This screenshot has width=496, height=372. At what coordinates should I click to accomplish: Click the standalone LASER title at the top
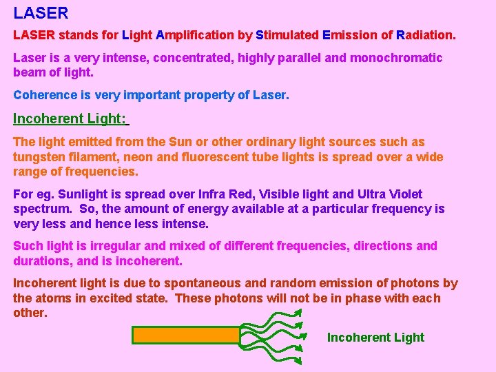point(41,13)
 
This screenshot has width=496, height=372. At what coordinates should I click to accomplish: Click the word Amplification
point(195,34)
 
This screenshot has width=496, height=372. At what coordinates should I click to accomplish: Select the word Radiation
point(421,34)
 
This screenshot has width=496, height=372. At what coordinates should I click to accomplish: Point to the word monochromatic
point(396,58)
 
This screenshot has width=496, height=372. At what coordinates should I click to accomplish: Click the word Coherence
point(45,95)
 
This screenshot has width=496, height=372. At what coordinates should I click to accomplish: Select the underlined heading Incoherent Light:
point(70,118)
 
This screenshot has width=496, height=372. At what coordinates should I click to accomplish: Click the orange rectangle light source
point(185,335)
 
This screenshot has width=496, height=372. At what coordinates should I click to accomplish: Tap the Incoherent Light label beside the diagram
point(375,338)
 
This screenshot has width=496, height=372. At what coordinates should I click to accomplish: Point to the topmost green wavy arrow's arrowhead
point(298,313)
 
